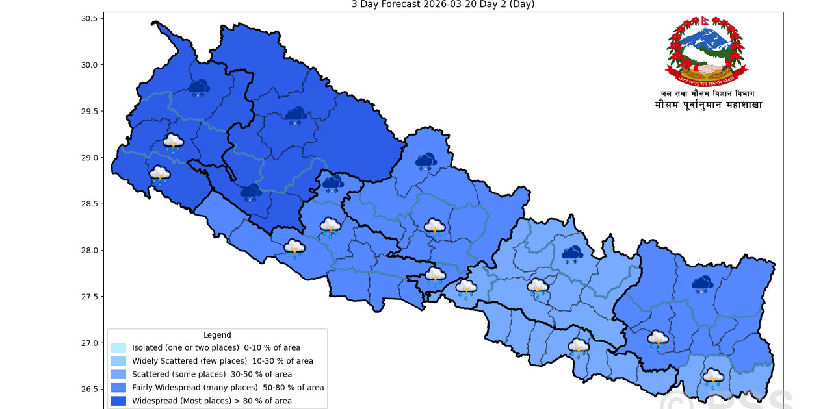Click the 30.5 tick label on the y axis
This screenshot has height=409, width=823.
coord(88,18)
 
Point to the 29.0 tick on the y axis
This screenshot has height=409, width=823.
coord(88,158)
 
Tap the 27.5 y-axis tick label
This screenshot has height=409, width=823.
coord(88,297)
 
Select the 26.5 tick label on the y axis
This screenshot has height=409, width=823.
coord(88,390)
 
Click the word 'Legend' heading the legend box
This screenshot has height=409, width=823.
coord(217,335)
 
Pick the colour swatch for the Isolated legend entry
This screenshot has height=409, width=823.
coord(118,348)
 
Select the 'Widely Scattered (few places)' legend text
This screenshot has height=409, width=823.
coord(222,361)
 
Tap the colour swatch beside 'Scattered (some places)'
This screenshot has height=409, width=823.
coord(118,375)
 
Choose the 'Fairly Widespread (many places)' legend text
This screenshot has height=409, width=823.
coord(228,388)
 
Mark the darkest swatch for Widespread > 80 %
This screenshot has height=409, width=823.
coord(118,401)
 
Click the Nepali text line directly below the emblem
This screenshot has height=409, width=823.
coord(707,93)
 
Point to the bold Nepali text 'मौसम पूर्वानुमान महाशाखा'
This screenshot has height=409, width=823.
coord(708,105)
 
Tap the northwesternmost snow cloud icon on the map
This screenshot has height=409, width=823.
coord(199,87)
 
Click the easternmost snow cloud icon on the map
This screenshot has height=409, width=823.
coord(702,284)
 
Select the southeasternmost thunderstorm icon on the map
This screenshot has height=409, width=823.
coord(713,378)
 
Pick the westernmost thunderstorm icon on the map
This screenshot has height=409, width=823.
coord(160,175)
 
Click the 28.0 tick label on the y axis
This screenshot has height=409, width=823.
coord(88,251)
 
